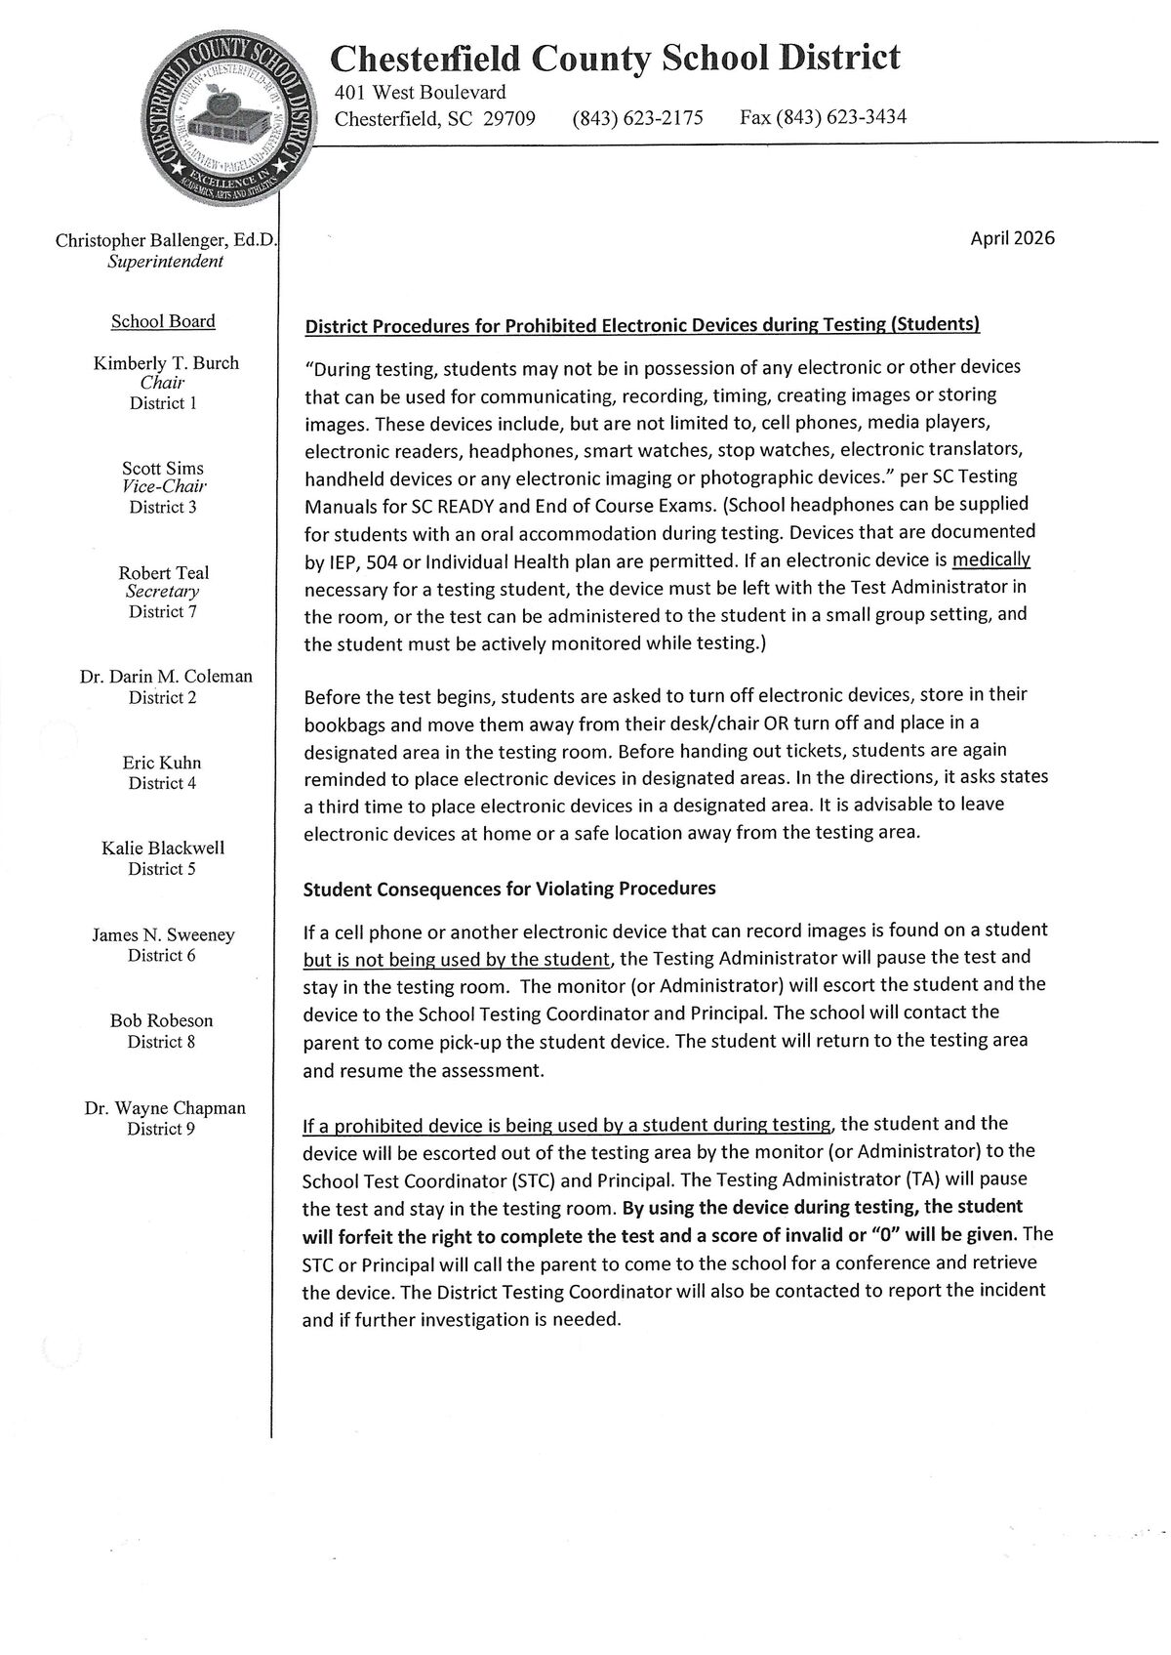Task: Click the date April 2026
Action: pyautogui.click(x=1012, y=238)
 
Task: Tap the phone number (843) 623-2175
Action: pyautogui.click(x=637, y=119)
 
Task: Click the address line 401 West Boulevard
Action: pyautogui.click(x=420, y=93)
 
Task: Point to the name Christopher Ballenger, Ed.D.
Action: pyautogui.click(x=166, y=240)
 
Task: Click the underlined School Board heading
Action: pyautogui.click(x=163, y=321)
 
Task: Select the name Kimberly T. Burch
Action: pyautogui.click(x=166, y=363)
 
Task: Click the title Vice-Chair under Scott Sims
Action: pyautogui.click(x=164, y=486)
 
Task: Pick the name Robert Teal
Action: pyautogui.click(x=164, y=573)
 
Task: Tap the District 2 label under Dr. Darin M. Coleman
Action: pyautogui.click(x=162, y=697)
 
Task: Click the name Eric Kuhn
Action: pyautogui.click(x=162, y=763)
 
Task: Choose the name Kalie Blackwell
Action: pyautogui.click(x=163, y=848)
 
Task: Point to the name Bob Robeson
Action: pyautogui.click(x=162, y=1020)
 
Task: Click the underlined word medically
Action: pyautogui.click(x=990, y=560)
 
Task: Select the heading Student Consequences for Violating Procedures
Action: pyautogui.click(x=509, y=889)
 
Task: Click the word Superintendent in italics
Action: pyautogui.click(x=166, y=262)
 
